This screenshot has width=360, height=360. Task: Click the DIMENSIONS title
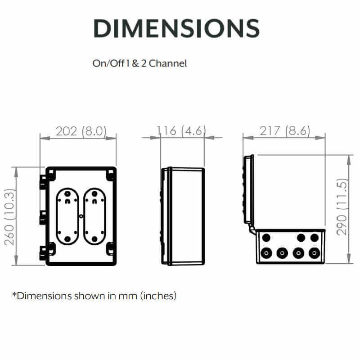176,28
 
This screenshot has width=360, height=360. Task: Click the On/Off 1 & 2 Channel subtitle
139,63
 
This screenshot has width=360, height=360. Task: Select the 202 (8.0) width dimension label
81,131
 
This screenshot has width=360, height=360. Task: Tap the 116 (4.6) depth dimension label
181,131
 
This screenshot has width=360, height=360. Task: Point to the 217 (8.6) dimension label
285,131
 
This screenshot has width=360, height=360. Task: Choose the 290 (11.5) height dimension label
343,207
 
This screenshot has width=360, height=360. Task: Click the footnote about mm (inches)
94,296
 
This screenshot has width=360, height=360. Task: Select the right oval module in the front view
94,216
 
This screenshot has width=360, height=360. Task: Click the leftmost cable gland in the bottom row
266,253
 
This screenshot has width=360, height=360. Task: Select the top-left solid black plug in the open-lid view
266,237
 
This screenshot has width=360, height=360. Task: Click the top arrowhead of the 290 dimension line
349,158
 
